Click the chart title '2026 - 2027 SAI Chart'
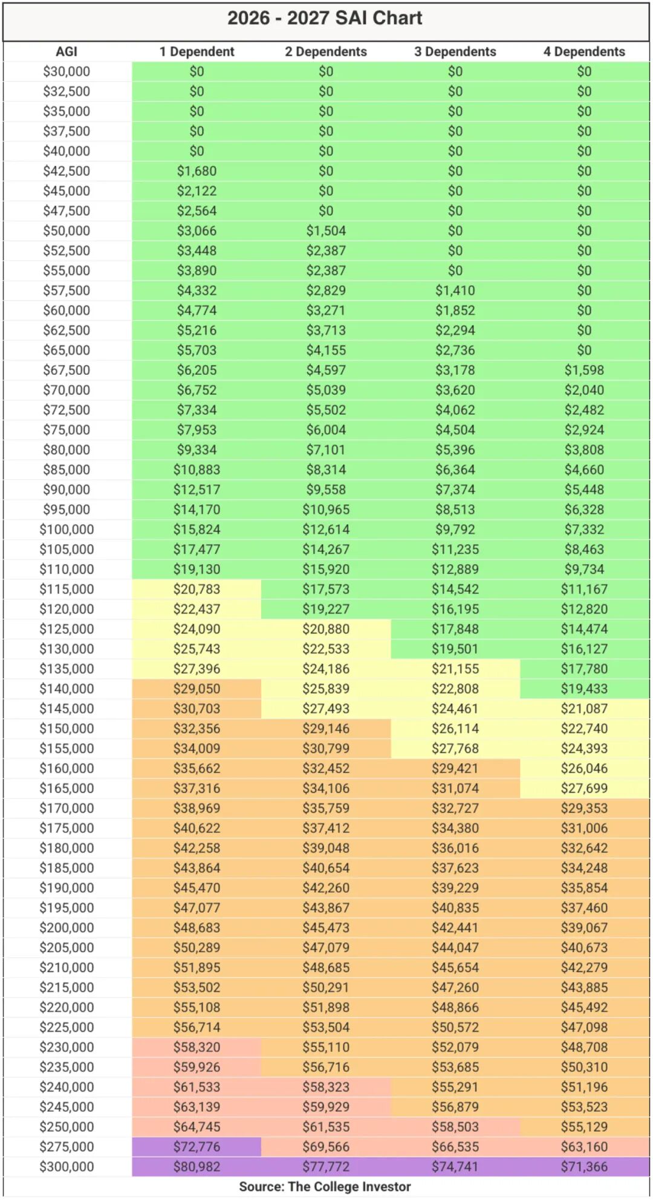[325, 18]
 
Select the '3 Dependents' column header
[455, 51]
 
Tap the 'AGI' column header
[67, 51]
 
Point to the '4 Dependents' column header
[584, 51]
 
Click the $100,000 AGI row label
[67, 530]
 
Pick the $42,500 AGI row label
[67, 171]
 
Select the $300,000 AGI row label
[67, 1167]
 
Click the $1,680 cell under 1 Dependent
[197, 171]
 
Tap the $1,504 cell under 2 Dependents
[326, 231]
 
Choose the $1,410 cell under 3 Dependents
[455, 291]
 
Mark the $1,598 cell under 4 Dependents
[584, 370]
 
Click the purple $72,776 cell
[197, 1147]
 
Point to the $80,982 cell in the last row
[197, 1167]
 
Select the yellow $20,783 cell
[197, 589]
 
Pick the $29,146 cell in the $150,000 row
[326, 728]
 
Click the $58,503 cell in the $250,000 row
[455, 1127]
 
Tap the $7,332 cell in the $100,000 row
[584, 530]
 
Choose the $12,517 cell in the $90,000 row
[197, 490]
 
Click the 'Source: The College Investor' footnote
[325, 1187]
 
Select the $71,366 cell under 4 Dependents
[584, 1167]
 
